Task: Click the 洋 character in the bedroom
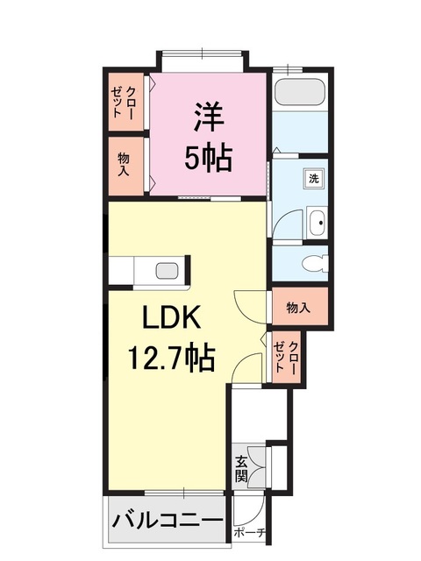(209, 117)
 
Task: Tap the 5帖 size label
(209, 159)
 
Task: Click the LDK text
(171, 317)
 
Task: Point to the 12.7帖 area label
(172, 357)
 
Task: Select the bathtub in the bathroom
(300, 92)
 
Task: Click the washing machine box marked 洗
(314, 178)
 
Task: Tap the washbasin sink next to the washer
(317, 223)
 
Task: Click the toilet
(315, 264)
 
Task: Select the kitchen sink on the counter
(168, 271)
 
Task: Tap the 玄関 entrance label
(241, 469)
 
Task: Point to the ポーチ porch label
(250, 533)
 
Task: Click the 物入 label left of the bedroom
(124, 164)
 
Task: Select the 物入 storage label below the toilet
(298, 308)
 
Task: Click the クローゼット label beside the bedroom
(124, 103)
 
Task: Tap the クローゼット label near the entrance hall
(285, 358)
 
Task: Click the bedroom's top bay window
(203, 54)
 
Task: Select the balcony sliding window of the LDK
(184, 493)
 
